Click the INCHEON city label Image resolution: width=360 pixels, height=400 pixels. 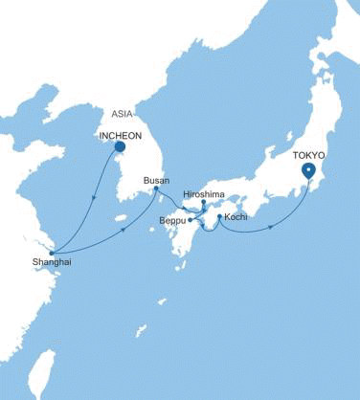point(121,135)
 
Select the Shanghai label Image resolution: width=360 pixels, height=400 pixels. point(51,261)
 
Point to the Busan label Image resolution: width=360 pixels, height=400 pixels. point(155,180)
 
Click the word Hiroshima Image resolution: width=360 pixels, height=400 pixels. point(203,194)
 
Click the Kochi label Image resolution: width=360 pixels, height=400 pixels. point(236,218)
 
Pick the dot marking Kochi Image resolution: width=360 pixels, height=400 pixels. point(219,218)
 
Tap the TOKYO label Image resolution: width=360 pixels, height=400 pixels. point(308,153)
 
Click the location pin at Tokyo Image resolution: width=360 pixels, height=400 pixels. point(308,170)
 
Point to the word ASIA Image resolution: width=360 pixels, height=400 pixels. point(122,112)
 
